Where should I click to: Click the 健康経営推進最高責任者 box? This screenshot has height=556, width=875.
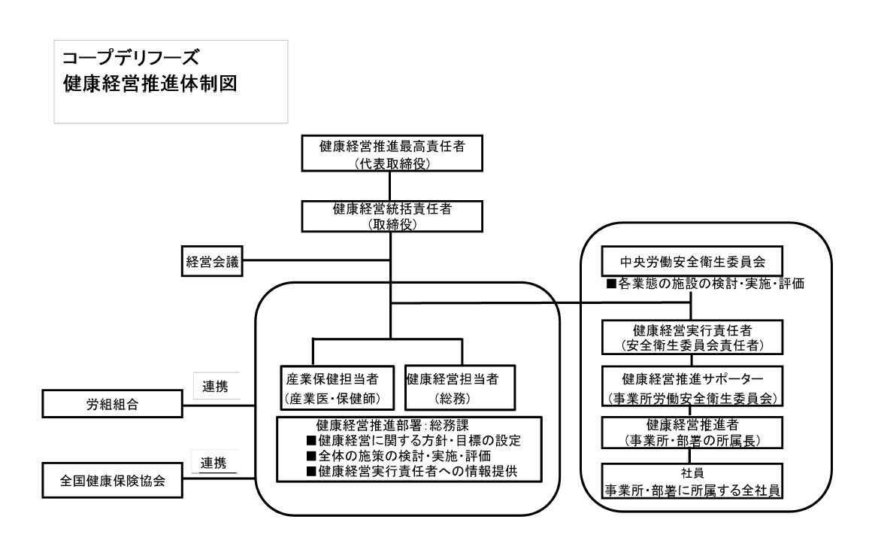tap(392, 153)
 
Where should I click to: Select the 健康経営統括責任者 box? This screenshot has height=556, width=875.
tap(392, 216)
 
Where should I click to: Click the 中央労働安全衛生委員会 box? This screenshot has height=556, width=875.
tap(691, 262)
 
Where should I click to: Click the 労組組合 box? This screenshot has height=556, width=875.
tap(113, 404)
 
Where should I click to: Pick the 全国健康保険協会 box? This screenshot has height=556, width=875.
tap(113, 480)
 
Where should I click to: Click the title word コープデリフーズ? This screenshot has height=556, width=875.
tap(132, 57)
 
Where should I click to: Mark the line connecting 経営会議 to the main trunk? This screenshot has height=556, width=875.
tap(316, 261)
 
